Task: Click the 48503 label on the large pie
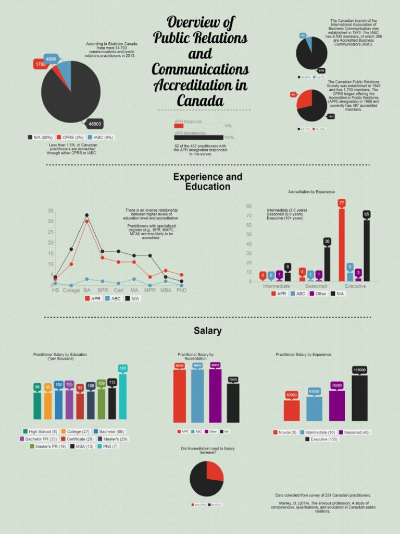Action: click(95, 124)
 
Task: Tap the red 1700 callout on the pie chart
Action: click(40, 64)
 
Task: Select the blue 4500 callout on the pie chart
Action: click(51, 59)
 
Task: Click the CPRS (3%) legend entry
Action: click(70, 137)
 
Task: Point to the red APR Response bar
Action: click(179, 126)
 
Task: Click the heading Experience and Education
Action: click(207, 181)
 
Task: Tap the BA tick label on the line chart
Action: click(87, 290)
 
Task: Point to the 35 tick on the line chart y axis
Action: click(51, 211)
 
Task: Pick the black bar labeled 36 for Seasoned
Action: click(327, 264)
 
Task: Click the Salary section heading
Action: click(207, 331)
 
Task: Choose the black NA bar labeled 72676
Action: click(233, 403)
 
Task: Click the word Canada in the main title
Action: click(200, 100)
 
